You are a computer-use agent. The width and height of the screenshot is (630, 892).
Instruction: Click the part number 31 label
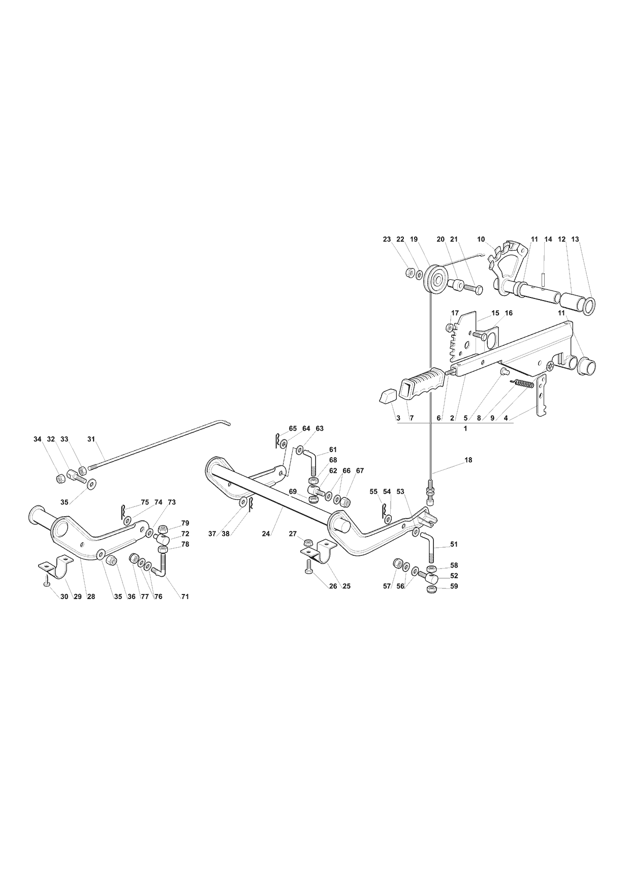91,439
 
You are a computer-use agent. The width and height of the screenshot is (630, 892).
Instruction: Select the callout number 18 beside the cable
468,460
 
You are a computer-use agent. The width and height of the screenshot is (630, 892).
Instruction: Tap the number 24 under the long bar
266,534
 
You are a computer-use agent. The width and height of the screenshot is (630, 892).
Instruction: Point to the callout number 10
481,239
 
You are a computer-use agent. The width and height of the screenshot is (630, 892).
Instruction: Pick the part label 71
185,597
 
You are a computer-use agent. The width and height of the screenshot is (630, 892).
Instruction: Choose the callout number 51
454,544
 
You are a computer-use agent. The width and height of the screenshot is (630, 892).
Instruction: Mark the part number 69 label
293,492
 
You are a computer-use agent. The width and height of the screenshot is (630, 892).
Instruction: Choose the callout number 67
360,471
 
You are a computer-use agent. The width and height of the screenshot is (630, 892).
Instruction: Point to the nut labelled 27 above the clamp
307,543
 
